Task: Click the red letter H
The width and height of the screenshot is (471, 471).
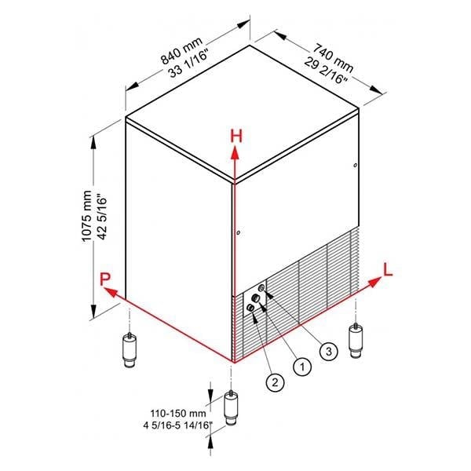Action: [x=236, y=136]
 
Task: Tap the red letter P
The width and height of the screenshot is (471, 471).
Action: [x=105, y=279]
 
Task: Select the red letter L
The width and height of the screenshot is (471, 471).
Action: [x=388, y=269]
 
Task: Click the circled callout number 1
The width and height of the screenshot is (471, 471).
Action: [x=302, y=367]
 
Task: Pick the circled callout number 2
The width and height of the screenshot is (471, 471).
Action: [x=275, y=382]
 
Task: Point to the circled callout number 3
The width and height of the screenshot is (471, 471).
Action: [x=329, y=351]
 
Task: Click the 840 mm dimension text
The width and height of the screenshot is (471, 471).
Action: [x=182, y=51]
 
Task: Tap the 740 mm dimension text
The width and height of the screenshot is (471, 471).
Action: [x=333, y=58]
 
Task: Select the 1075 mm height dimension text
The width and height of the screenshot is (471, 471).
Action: [x=87, y=216]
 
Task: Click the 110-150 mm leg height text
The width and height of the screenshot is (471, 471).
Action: [x=178, y=414]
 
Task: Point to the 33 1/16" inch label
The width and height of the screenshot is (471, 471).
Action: [x=188, y=64]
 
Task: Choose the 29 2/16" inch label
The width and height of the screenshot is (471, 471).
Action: [x=326, y=71]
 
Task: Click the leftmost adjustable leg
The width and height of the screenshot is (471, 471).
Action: [x=130, y=349]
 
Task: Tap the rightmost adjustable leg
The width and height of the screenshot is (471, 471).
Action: [x=356, y=340]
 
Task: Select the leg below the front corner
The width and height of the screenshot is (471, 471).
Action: [x=231, y=407]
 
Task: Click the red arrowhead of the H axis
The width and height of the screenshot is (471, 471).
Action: [x=235, y=152]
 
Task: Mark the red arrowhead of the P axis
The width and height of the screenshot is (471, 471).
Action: [x=110, y=291]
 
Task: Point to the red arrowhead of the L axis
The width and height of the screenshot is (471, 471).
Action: [x=374, y=283]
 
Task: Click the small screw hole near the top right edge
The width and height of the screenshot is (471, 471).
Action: [x=356, y=165]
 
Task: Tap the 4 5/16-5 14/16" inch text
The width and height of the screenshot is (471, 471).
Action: [x=178, y=425]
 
